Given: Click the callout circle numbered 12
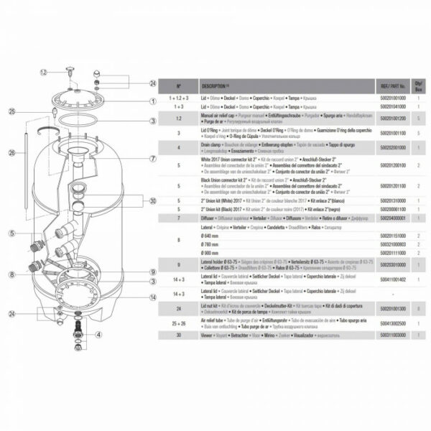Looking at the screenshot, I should [x=43, y=73].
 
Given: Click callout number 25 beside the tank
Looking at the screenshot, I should [x=12, y=111].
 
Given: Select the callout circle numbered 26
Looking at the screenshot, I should [x=12, y=152].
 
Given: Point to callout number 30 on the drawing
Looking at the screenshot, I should [x=152, y=201].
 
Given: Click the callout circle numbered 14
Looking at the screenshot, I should [x=152, y=296].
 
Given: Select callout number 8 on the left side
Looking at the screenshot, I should [x=12, y=274].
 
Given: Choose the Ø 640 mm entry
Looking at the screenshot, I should [x=213, y=235].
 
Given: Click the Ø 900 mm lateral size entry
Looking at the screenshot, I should [x=213, y=253].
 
